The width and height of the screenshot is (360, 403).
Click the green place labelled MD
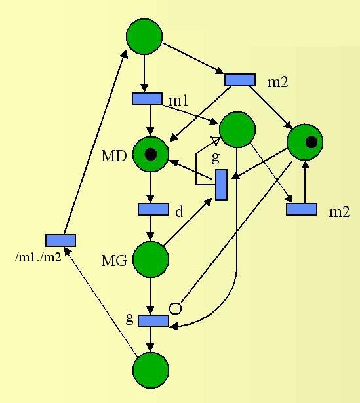(151, 154)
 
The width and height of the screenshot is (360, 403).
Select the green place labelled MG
(151, 259)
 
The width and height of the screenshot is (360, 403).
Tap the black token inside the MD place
(151, 155)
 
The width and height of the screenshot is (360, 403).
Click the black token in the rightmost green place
(311, 142)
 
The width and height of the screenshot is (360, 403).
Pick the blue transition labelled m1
(147, 99)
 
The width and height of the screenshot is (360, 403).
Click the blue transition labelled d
(153, 209)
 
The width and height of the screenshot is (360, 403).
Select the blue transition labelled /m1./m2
(61, 240)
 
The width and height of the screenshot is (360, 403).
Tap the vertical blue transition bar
(221, 185)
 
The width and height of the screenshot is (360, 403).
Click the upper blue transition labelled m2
(240, 80)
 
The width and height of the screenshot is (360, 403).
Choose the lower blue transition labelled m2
(302, 209)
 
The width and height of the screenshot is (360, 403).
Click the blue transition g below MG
(153, 320)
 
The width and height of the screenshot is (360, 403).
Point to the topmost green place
(144, 37)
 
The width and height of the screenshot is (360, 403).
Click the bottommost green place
(151, 370)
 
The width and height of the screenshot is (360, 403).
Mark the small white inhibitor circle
(176, 309)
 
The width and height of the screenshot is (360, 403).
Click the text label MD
(114, 156)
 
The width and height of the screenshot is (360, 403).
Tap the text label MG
(115, 260)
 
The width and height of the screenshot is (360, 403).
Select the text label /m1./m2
(38, 256)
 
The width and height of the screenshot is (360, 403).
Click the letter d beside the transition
(180, 211)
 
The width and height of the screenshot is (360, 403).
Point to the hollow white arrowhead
(216, 141)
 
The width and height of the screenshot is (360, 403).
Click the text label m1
(178, 100)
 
